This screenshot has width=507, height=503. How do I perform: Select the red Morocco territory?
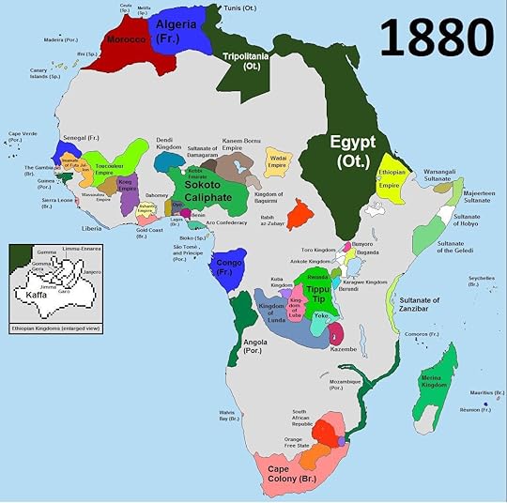126,42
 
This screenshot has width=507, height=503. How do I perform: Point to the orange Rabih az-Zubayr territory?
299,215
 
